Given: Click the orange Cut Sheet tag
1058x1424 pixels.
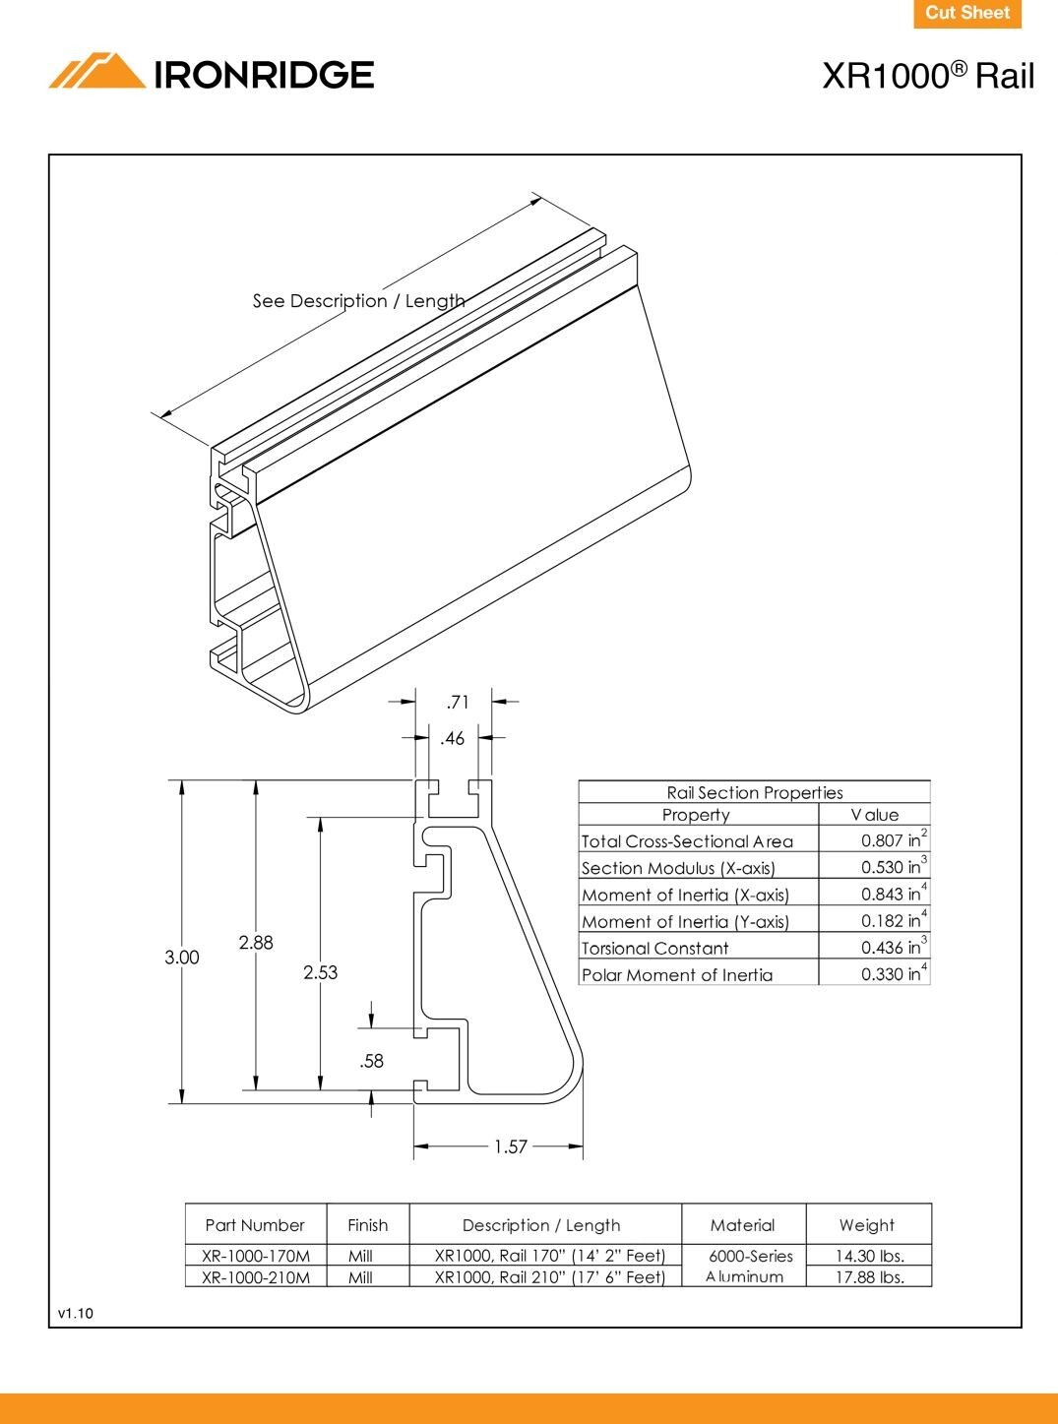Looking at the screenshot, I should pos(967,14).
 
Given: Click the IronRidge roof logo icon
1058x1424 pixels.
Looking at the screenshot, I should pos(96,72).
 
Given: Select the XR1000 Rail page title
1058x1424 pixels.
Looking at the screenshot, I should pos(927,76).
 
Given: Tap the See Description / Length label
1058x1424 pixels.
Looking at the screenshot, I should pos(358,301).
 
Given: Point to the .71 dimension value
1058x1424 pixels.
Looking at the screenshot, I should pos(458,703).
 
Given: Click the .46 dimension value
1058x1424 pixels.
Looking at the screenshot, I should pos(452,738).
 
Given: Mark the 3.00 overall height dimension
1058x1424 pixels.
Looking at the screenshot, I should pos(182,958).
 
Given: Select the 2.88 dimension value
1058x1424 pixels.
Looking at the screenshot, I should pos(256,943).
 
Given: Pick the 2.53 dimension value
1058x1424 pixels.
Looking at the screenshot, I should pos(320,972).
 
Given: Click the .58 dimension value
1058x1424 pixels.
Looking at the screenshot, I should pos(371,1061).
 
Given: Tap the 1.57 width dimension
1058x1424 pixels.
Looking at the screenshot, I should pos(511,1146).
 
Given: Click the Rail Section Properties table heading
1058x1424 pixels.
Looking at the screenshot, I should pos(754,792).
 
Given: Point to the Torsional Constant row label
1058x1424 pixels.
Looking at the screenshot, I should pos(654,949).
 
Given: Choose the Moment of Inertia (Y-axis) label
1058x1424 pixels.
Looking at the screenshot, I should pos(685,922).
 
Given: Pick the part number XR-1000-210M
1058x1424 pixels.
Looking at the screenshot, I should pos(256,1277).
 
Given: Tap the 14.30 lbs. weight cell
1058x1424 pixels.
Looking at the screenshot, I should pos(869,1256).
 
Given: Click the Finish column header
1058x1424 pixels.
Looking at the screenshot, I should pos(367,1225).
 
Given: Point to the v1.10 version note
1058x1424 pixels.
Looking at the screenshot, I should pos(76,1313).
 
